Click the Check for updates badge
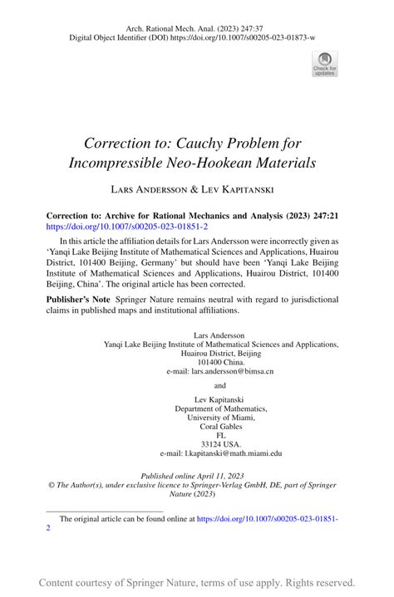(324, 63)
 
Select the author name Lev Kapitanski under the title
(246, 189)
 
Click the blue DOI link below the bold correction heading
(126, 226)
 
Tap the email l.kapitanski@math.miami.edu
(220, 453)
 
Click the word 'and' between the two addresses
(220, 385)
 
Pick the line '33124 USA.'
(220, 444)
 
